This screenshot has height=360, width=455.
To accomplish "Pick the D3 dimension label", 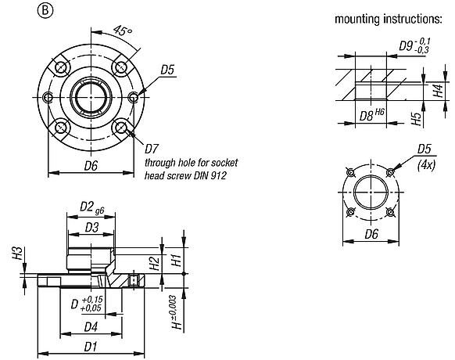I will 92,227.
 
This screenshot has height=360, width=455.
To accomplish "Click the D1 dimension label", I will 91,346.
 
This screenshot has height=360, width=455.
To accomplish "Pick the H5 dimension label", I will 417,117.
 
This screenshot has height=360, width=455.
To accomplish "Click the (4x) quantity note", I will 426,165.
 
